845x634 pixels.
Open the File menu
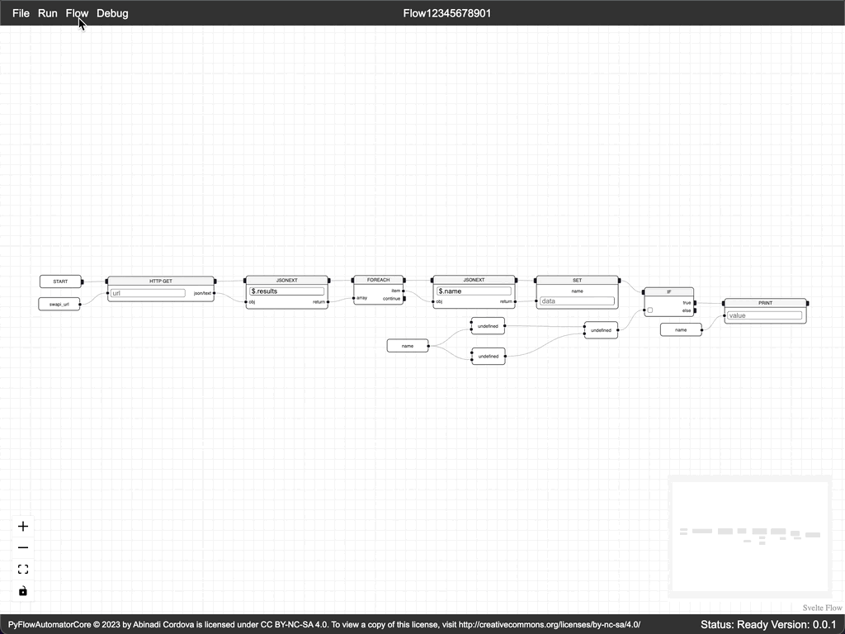pos(21,13)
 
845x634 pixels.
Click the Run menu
pos(48,13)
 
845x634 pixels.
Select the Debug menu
pos(112,13)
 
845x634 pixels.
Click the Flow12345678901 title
pos(447,13)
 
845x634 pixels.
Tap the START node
pos(60,282)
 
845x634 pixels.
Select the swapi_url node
pos(59,305)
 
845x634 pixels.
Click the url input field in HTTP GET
pos(148,293)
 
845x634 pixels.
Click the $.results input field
pos(286,291)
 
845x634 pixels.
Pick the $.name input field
pos(474,291)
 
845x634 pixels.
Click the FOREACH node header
pos(378,280)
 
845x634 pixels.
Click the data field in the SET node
pos(577,301)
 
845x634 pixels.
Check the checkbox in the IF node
pos(650,310)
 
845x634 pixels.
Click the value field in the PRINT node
pos(764,315)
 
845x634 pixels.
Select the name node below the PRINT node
pos(681,330)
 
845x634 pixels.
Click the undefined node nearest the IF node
pos(600,330)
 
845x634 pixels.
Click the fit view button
pos(23,569)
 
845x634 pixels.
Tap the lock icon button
pos(23,590)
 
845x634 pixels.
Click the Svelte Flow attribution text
pos(822,608)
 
